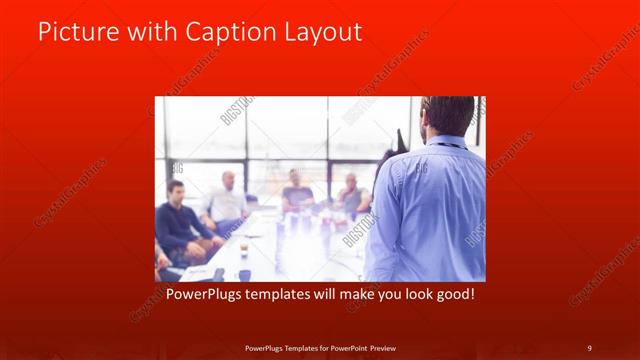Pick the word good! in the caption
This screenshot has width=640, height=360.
pos(451,296)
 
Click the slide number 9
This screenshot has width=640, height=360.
pos(589,347)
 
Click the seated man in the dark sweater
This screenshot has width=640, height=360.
pos(178,218)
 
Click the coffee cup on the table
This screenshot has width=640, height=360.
pos(243,248)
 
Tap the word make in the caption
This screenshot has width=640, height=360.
pos(346,296)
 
